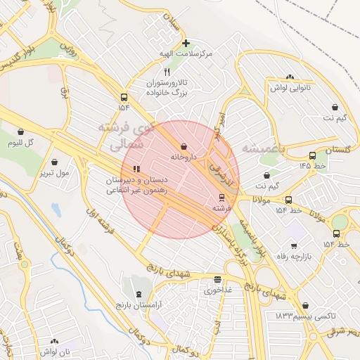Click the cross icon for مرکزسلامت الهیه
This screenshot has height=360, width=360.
(x=186, y=43)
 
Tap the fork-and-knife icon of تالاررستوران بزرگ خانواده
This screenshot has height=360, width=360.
(x=167, y=72)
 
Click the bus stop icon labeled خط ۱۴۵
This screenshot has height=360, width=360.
(x=312, y=155)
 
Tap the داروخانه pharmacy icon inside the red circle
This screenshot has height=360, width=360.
(x=184, y=146)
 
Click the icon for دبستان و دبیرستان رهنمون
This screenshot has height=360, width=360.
(x=136, y=169)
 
